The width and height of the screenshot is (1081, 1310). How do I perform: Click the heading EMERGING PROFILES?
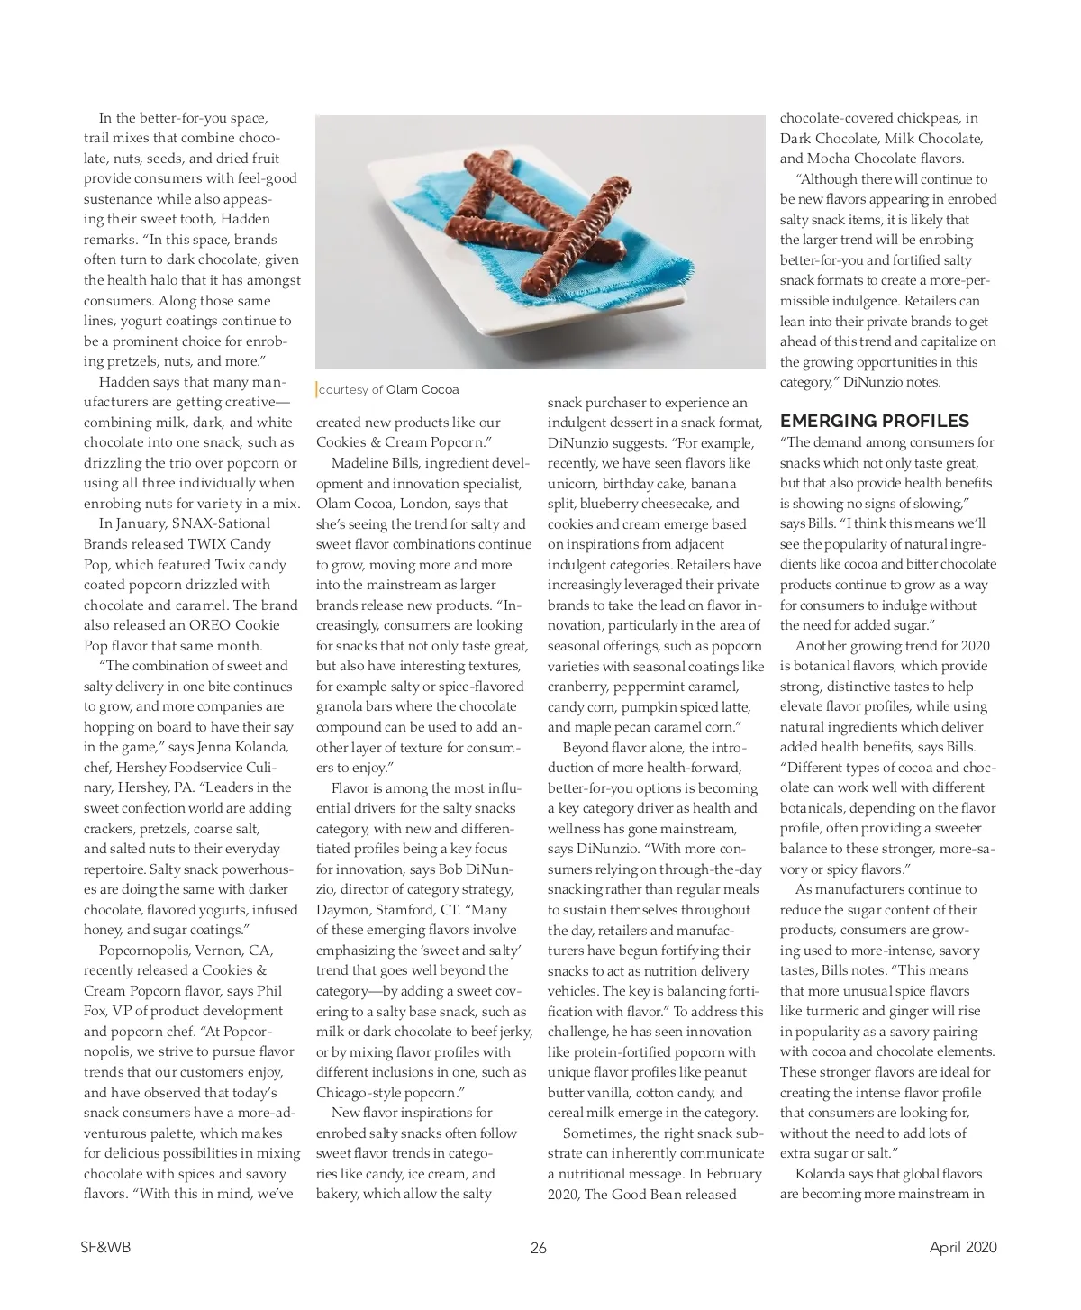(874, 421)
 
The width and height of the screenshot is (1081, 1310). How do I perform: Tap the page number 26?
(539, 1248)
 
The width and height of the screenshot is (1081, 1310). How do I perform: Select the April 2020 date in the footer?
(963, 1247)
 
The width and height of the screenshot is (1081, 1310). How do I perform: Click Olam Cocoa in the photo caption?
(422, 389)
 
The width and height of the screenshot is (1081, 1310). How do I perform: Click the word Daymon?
(343, 910)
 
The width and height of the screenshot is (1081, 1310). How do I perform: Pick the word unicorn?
(573, 483)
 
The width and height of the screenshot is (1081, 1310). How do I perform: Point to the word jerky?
(514, 1032)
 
